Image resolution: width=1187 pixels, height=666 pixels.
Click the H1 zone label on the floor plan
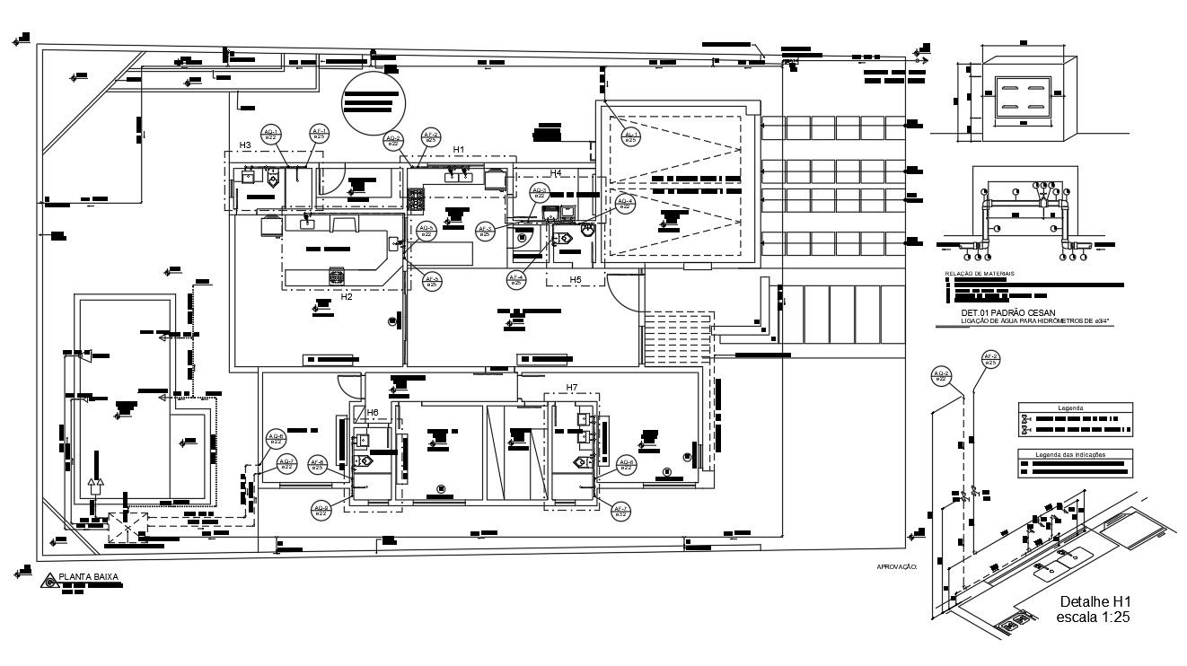459,149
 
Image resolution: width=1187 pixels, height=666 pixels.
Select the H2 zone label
346,296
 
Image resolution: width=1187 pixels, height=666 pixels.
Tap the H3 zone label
244,145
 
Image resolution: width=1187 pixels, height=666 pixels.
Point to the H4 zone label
556,172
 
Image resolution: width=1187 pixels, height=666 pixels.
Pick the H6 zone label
373,412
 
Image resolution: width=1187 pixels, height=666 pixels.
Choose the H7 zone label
572,388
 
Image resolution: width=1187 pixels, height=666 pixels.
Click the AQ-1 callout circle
271,135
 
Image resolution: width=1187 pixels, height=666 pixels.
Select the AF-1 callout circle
319,135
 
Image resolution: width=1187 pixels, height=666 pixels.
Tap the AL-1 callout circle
630,136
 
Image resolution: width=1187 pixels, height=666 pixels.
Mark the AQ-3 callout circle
539,193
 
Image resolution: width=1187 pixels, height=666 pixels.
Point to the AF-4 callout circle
516,280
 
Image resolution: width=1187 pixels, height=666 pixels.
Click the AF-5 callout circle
432,281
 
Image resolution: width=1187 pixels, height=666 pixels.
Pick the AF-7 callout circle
620,512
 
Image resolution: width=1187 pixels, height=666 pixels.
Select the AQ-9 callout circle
321,511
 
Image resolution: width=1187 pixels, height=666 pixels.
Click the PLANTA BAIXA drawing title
88,578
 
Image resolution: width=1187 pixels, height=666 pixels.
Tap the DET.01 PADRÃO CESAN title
998,313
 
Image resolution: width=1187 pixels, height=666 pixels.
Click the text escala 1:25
1094,618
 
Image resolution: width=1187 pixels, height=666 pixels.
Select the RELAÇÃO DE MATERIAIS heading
980,273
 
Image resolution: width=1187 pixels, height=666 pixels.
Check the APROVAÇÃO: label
897,566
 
